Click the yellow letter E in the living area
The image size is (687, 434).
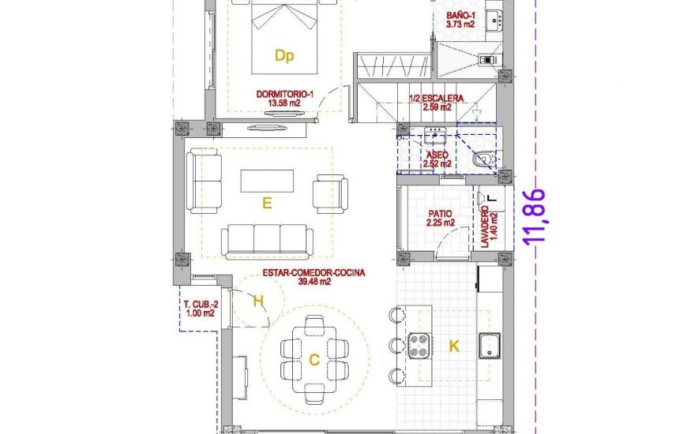click(x=267, y=204)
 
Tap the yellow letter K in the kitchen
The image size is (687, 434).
click(x=454, y=345)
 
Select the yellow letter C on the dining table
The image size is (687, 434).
click(x=313, y=361)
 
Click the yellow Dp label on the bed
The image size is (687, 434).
click(x=283, y=55)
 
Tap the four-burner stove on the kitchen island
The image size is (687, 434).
click(x=419, y=344)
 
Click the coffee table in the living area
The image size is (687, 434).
click(x=267, y=180)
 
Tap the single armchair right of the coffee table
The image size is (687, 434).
click(x=329, y=193)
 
